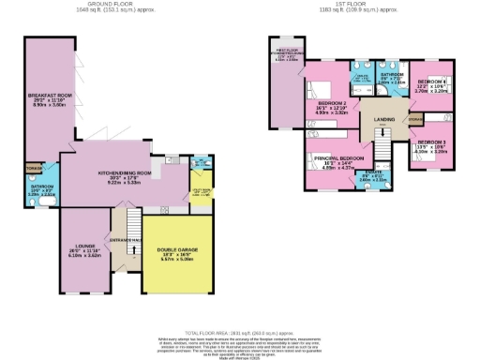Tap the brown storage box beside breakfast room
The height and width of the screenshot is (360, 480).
coord(34,171)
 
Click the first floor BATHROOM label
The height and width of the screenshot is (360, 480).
coord(391,75)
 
